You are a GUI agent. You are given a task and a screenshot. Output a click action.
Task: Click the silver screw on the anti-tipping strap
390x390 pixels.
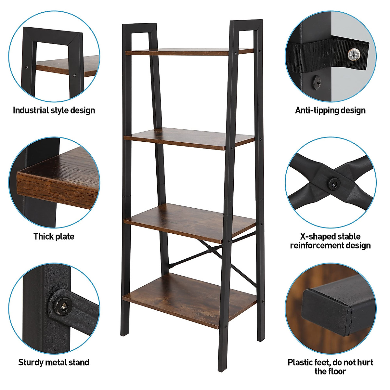[354, 54]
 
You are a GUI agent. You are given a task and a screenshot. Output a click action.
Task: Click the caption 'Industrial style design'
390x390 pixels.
[54, 110]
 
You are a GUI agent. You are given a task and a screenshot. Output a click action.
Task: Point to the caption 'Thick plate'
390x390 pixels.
[54, 236]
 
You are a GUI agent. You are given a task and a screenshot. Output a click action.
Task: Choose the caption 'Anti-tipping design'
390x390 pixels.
[330, 110]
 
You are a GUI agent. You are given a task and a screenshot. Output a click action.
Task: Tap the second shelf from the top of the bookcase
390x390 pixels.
[188, 138]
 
